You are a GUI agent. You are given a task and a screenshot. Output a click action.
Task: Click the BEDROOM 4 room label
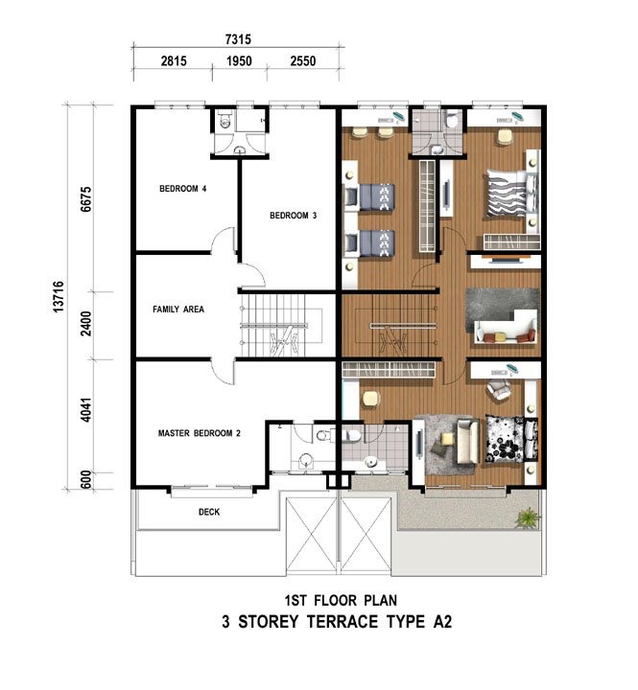[183, 189]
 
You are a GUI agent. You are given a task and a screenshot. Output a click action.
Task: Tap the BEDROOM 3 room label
[293, 216]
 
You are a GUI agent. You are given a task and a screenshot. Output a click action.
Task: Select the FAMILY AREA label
[178, 310]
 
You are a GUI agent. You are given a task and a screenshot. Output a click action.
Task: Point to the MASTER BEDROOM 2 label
[200, 433]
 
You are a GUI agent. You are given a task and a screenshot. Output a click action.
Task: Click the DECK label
[209, 512]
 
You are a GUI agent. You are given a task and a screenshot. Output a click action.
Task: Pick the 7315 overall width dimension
[238, 39]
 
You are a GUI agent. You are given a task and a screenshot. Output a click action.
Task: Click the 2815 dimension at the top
[174, 60]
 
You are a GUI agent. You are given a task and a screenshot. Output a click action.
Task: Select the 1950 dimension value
[239, 60]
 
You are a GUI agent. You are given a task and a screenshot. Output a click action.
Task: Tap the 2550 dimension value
[303, 60]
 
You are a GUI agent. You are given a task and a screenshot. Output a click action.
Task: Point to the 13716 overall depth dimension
[59, 296]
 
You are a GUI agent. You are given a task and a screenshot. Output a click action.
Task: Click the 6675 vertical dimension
[86, 199]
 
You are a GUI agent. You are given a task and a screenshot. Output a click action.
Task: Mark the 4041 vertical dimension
[86, 410]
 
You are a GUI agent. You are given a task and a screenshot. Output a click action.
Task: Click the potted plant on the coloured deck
[528, 517]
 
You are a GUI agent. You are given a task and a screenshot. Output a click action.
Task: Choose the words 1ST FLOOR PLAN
[341, 600]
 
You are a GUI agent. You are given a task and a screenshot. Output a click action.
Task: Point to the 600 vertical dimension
[86, 479]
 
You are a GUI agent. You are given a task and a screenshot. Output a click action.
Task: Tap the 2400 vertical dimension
[86, 324]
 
